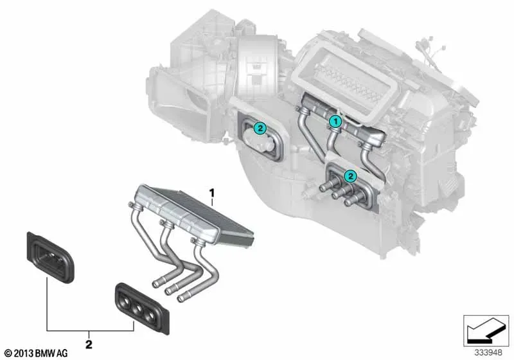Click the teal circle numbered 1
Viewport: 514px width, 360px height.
click(x=335, y=122)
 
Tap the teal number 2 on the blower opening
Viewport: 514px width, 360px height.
click(x=260, y=128)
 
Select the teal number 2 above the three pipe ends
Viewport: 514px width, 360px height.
click(x=350, y=176)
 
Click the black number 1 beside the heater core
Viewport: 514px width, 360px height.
click(x=212, y=193)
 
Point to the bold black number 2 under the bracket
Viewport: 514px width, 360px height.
click(x=89, y=345)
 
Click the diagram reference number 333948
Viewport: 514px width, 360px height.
click(x=488, y=353)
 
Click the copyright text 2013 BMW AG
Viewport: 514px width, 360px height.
click(x=37, y=354)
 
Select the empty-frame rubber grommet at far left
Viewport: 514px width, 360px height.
click(x=50, y=257)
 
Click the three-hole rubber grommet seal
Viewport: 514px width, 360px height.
click(x=142, y=308)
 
